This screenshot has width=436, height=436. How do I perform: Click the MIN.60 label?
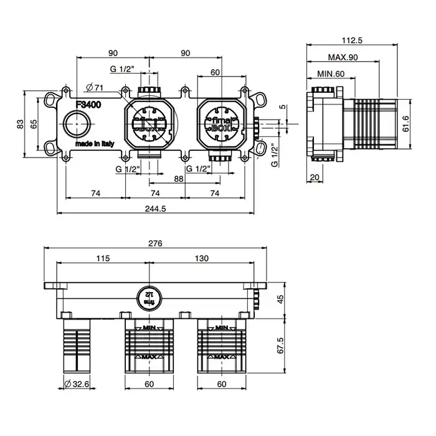coord(331,74)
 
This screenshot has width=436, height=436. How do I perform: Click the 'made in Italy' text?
coord(95,143)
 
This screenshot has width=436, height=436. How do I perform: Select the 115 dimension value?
coord(103,258)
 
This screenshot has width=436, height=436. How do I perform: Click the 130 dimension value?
coord(202,258)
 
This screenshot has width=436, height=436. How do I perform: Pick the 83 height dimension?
coord(21,124)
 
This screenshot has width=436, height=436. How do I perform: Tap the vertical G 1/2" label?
coord(273,156)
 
